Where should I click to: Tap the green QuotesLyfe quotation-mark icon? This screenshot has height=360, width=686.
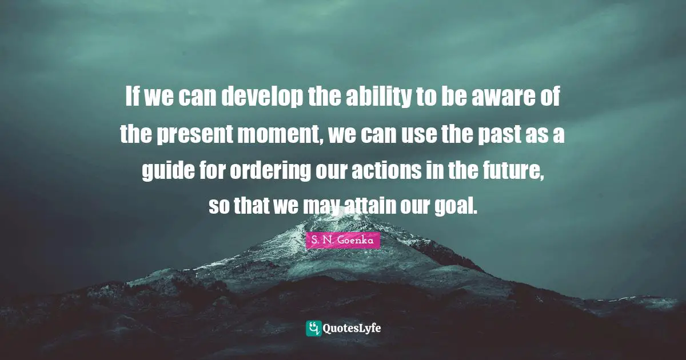(314, 328)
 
